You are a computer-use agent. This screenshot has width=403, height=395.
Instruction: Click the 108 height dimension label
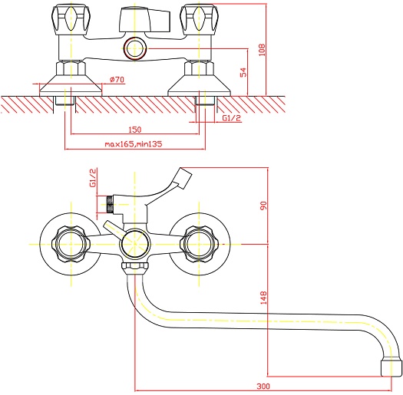point(262,50)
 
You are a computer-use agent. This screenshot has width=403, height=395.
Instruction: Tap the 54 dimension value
point(243,72)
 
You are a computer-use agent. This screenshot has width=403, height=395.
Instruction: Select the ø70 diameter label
point(117,80)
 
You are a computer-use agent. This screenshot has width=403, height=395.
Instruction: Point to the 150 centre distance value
point(135,130)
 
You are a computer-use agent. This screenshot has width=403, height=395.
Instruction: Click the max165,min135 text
point(134,144)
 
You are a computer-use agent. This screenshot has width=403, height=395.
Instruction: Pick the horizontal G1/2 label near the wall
point(232,118)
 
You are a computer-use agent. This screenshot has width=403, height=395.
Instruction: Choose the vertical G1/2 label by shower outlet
point(93,178)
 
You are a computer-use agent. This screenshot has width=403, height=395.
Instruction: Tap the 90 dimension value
point(264,206)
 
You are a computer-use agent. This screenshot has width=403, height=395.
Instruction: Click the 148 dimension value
point(264,298)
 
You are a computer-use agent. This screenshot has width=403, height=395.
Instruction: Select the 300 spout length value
point(263,386)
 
